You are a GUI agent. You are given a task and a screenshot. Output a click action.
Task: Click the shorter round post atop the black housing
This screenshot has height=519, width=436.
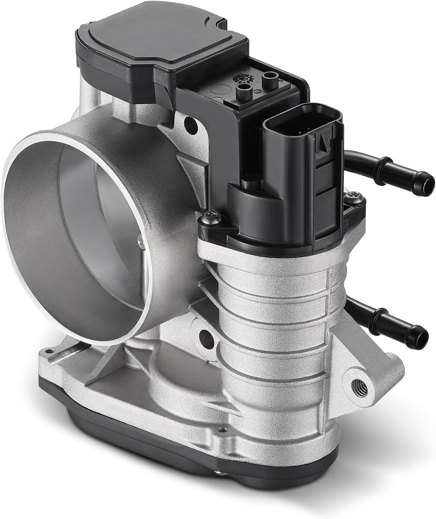coord(245,91)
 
